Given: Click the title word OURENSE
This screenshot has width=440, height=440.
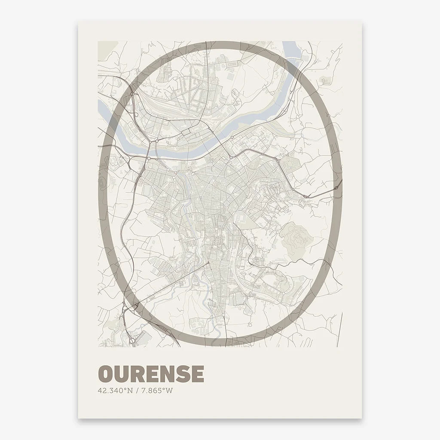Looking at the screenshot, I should click(x=151, y=374).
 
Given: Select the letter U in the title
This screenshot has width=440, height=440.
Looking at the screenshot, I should click(x=121, y=374).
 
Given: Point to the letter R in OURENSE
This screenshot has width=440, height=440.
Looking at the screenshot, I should click(x=137, y=374).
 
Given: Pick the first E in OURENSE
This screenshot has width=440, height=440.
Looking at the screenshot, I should click(x=151, y=374).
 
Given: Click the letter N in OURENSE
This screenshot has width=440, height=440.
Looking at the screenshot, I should click(x=166, y=374).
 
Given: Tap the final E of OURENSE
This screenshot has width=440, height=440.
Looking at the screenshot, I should click(x=197, y=374).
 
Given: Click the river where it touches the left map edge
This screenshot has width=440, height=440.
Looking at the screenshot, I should click(x=101, y=104).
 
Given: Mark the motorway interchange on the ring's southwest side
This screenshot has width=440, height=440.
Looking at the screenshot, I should click(x=129, y=308).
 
